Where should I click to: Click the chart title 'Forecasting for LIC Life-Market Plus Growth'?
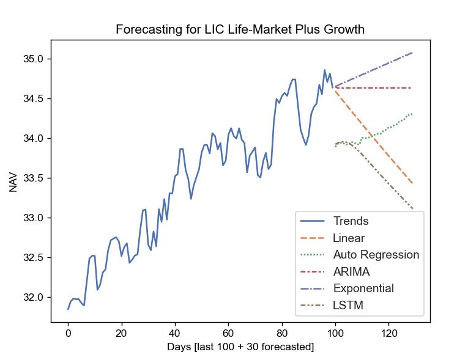(240, 29)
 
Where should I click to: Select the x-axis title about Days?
(240, 347)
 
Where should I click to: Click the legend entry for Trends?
(351, 221)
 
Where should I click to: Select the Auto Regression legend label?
(376, 255)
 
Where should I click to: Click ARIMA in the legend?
(351, 271)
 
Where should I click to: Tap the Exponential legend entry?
(363, 288)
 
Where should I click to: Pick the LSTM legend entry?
(348, 305)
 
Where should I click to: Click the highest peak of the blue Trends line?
(325, 70)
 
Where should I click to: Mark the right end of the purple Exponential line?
(412, 53)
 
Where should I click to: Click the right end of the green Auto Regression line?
(412, 114)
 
